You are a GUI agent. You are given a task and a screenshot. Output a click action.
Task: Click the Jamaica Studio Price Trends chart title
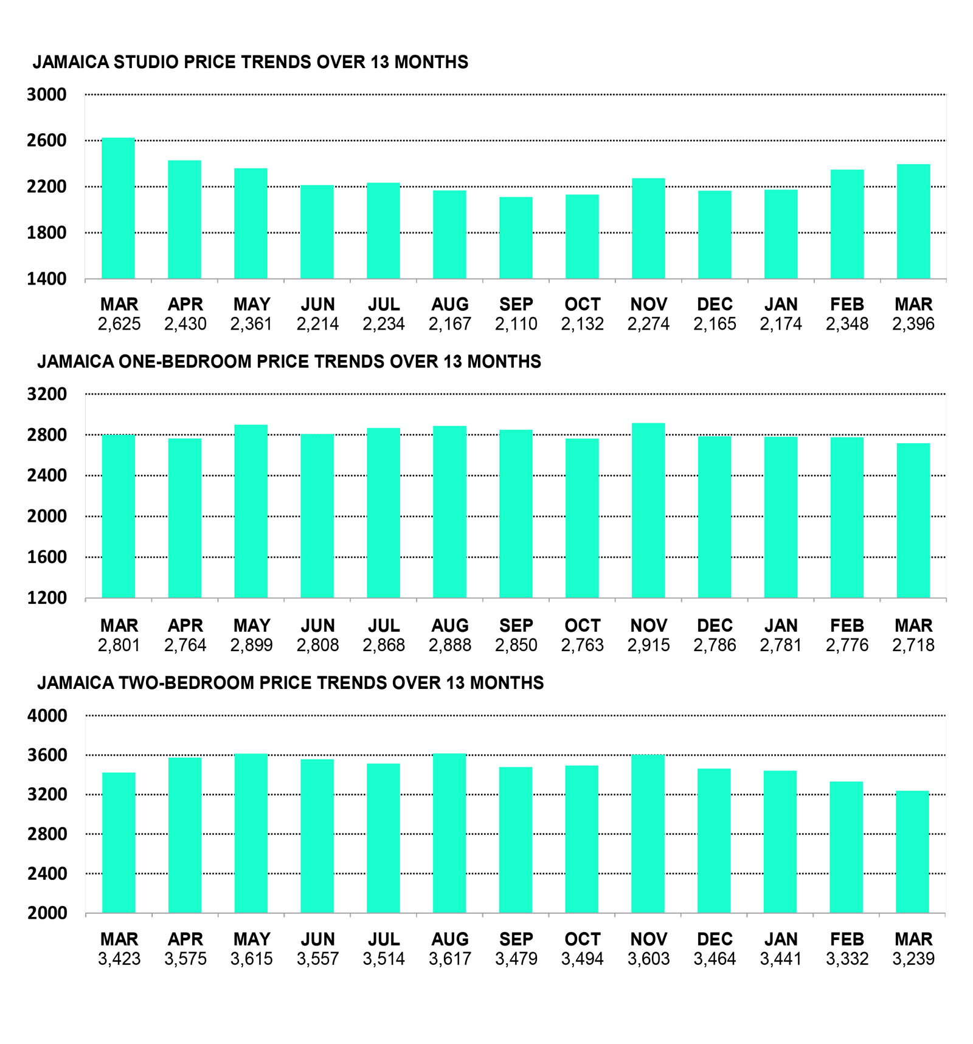(250, 62)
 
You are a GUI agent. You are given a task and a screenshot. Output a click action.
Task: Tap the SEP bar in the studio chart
(516, 238)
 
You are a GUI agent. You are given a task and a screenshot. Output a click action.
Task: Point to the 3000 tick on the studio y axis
(46, 95)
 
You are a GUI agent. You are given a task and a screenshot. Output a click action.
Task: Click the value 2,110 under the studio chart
(516, 324)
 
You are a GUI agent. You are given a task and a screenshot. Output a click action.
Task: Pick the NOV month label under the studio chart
(648, 304)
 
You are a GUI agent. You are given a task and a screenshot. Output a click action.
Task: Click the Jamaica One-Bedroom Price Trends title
(289, 362)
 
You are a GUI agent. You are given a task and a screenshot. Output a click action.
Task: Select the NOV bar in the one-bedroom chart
(648, 510)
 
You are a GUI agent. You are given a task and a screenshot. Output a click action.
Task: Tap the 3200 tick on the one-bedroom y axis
(46, 394)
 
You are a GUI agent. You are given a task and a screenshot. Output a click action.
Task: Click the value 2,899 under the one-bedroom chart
(251, 645)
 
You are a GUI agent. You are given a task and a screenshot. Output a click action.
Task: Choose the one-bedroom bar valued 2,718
(913, 520)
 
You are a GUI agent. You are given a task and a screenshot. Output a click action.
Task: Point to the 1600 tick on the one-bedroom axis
(46, 557)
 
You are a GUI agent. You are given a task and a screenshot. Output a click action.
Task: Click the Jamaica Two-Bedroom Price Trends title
(290, 683)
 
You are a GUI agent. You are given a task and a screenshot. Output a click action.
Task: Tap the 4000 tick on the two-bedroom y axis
(46, 716)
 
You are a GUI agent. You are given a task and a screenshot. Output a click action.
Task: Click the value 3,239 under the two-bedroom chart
(913, 959)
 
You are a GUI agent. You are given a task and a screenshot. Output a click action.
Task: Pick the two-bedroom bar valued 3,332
(847, 847)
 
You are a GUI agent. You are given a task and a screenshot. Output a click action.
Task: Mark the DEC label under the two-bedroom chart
(715, 939)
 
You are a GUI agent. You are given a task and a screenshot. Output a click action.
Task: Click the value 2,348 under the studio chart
(847, 324)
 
